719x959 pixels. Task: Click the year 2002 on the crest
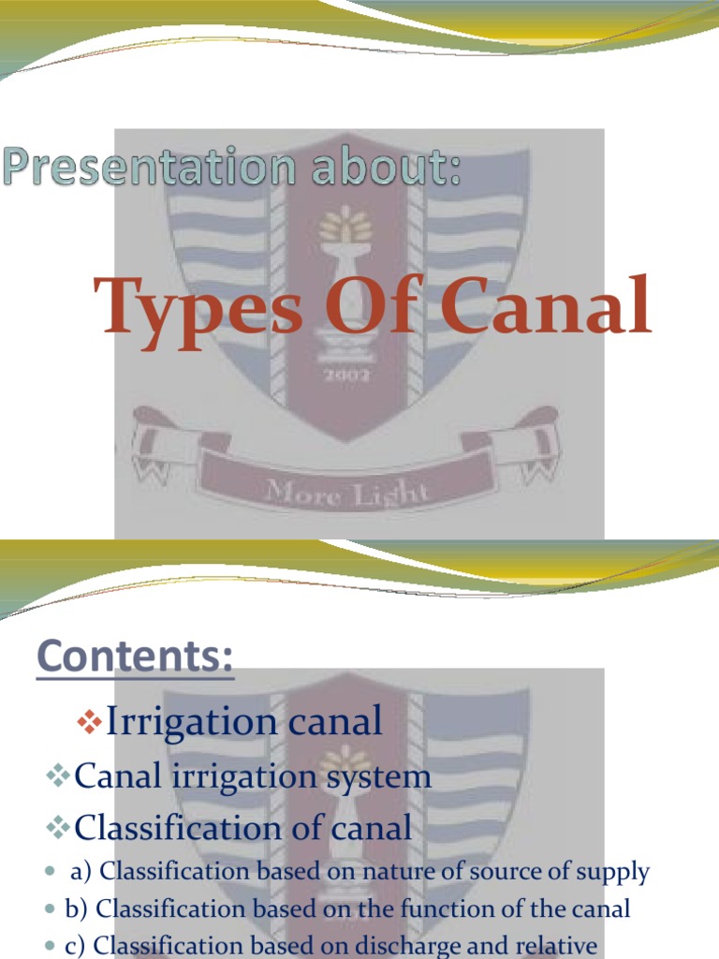point(348,376)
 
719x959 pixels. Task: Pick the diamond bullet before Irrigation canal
point(89,722)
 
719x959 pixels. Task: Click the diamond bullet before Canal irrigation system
point(58,776)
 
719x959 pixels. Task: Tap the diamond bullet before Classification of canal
point(58,828)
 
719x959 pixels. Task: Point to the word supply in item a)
point(610,873)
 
